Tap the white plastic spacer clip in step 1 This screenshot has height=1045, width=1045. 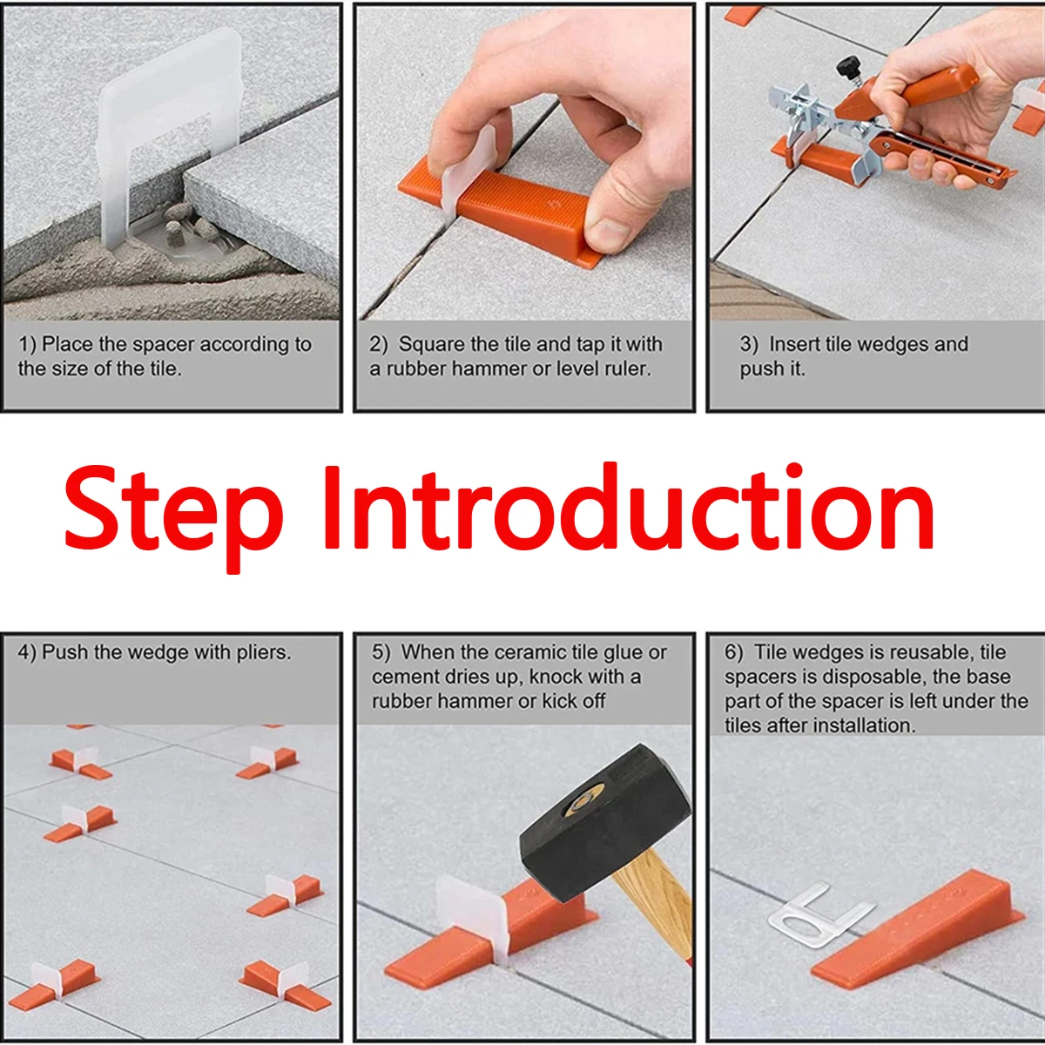click(165, 131)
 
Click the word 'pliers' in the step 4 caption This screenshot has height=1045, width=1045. click(262, 653)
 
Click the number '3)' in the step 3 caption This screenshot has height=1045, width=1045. click(749, 345)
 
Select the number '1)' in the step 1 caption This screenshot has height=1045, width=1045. click(27, 345)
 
